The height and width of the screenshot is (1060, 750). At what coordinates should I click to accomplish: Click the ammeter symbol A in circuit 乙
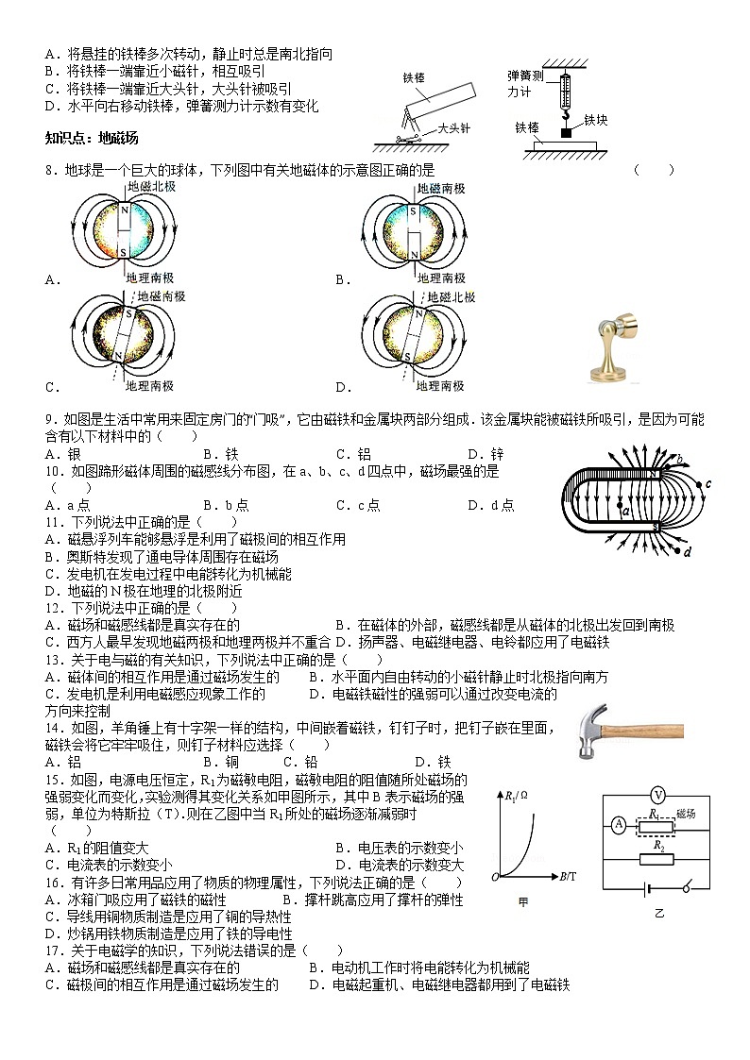point(619,824)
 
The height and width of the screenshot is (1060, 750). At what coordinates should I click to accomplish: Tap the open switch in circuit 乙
point(688,887)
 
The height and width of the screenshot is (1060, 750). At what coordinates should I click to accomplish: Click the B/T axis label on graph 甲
point(567,877)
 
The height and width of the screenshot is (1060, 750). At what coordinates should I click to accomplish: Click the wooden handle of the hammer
point(652,730)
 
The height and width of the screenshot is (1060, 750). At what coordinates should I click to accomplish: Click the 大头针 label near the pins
point(454,129)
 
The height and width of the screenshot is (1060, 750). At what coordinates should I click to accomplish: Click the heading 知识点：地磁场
point(92,138)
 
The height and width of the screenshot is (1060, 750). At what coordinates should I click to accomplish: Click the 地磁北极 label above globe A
point(151,187)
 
